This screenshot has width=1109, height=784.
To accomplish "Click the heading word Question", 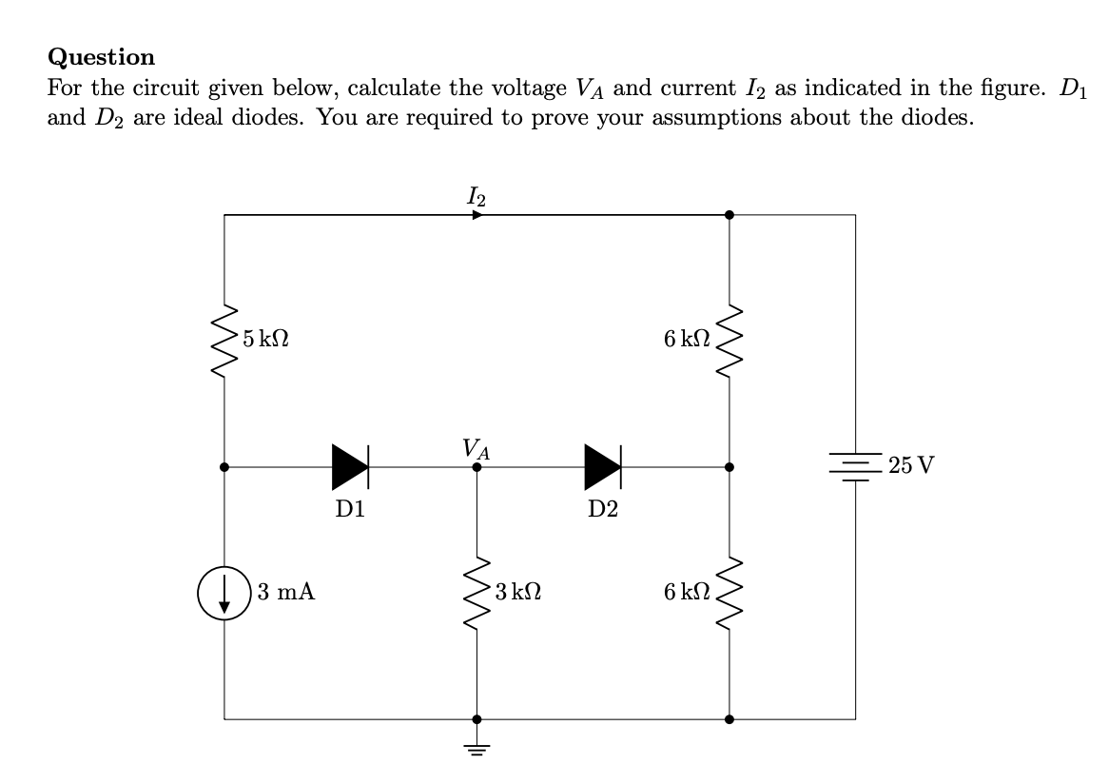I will [x=101, y=57].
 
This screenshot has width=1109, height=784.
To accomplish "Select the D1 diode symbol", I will [x=350, y=467].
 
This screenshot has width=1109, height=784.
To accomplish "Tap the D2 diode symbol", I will [x=603, y=467].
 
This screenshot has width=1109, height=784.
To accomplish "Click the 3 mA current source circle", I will [x=224, y=592].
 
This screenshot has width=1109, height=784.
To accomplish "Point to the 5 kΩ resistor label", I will [x=266, y=338].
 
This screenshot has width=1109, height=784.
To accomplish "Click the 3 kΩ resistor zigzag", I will [x=477, y=592].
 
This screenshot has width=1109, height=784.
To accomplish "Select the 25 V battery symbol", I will [x=855, y=466].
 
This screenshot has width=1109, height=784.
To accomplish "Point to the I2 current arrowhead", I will [x=477, y=215].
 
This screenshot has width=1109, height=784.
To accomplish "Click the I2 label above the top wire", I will [x=477, y=197].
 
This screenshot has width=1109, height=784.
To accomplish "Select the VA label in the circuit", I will [x=476, y=447].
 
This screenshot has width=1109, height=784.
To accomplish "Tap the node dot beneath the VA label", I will [x=477, y=467].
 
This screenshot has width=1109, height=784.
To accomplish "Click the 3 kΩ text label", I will [x=518, y=592].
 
